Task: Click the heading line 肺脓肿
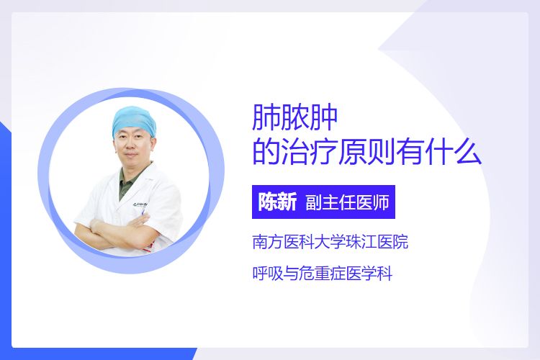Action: coord(294,117)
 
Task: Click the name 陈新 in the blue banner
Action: coord(278,202)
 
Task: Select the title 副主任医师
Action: coord(348,202)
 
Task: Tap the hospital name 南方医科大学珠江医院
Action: coord(330,241)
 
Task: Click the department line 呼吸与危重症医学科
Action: coord(323,274)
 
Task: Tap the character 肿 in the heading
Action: coord(324,117)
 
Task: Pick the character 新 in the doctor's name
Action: coord(287,202)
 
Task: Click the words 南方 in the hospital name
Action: coord(268,241)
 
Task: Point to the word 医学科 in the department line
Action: coord(369,274)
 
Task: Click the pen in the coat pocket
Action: coord(143,212)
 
